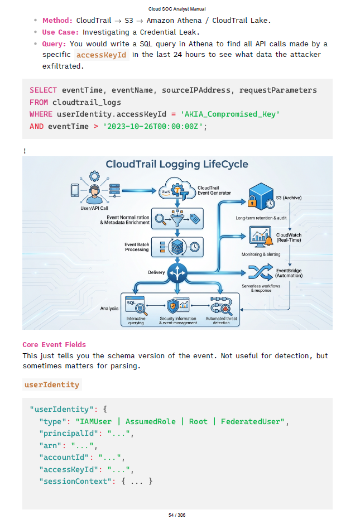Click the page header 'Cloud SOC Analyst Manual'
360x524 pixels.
[177, 9]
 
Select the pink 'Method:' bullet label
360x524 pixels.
[57, 21]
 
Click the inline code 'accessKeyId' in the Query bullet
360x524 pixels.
[101, 55]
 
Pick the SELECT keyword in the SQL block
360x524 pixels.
[43, 90]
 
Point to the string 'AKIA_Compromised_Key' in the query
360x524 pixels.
[230, 114]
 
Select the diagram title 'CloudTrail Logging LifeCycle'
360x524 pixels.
[177, 165]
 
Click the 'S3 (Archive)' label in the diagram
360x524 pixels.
[290, 198]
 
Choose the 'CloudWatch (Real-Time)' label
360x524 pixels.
[289, 237]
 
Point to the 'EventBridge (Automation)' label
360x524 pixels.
[289, 273]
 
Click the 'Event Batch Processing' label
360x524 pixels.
[136, 247]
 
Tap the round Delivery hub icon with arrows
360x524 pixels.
[178, 273]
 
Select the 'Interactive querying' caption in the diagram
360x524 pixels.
[136, 321]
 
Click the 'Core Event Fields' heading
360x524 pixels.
[54, 345]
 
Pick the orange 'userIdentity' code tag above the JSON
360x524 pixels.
[52, 384]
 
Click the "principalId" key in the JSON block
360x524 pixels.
[64, 434]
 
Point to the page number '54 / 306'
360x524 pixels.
[177, 515]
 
